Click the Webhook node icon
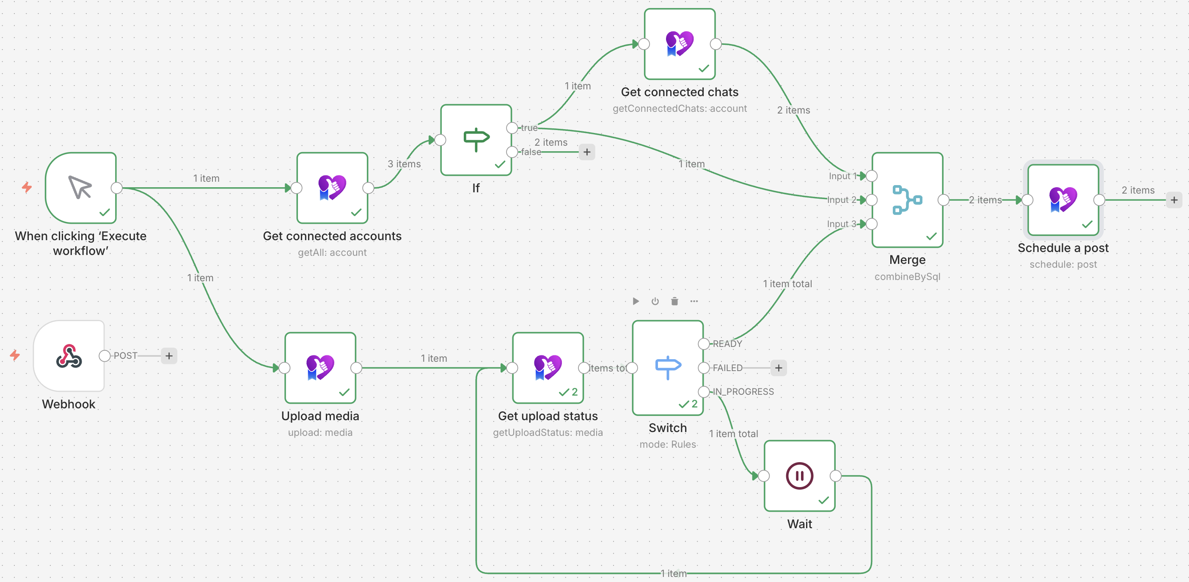[69, 356]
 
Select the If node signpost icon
[476, 139]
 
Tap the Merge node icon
[907, 200]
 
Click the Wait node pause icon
[799, 476]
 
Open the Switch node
[667, 368]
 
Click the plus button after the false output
[586, 152]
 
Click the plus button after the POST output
[169, 356]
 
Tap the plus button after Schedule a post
[1174, 200]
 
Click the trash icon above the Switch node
[674, 302]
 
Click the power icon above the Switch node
[655, 302]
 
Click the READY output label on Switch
[727, 344]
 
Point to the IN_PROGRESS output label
[743, 392]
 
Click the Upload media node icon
[320, 368]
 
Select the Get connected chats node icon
[680, 44]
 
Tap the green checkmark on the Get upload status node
[564, 392]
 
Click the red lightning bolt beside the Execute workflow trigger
[27, 188]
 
